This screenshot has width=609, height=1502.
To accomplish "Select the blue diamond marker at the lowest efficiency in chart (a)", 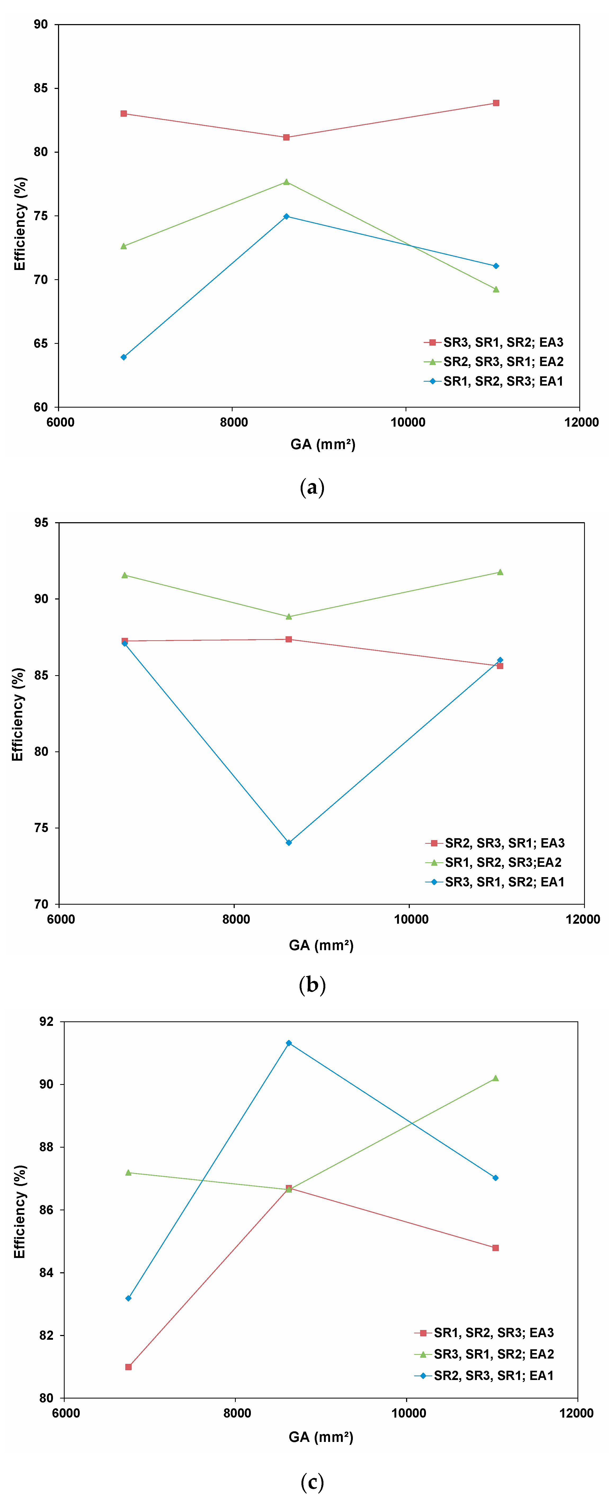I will (124, 357).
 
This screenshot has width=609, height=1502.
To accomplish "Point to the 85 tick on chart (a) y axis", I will (41, 88).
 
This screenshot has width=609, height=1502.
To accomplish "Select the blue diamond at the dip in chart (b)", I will (289, 842).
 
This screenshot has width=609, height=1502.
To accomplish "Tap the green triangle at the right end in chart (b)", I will (500, 572).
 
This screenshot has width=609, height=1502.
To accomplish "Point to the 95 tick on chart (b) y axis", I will (41, 522).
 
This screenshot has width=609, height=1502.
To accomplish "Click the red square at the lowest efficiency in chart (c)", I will (128, 1367).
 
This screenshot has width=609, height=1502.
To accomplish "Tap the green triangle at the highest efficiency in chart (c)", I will (495, 1078).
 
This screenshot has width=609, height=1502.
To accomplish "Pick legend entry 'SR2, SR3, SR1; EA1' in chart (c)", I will (493, 1375).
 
